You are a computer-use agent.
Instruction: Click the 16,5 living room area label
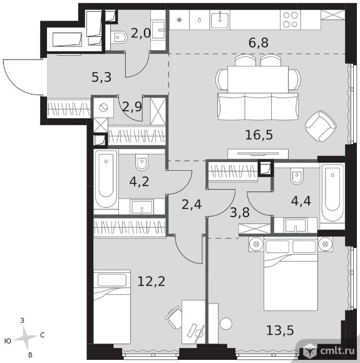pos(259,135)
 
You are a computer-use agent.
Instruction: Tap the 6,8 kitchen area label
pos(259,43)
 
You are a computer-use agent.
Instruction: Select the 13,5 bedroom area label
pos(280,330)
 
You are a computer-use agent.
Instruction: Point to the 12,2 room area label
pos(152,282)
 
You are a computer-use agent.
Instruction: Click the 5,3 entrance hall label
pos(101,78)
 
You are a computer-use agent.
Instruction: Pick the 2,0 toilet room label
pos(141,34)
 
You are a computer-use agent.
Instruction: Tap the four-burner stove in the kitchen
pos(291,19)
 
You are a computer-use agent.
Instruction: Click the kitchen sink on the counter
pos(220,20)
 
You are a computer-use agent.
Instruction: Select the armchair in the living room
pos(321,126)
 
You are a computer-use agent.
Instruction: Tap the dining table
pos(258,79)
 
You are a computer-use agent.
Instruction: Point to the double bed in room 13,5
pos(291,275)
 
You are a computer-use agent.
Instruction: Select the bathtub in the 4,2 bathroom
pos(106,179)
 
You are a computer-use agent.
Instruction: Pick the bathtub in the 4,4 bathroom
pos(332,193)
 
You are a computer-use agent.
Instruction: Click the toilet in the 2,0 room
pos(119,38)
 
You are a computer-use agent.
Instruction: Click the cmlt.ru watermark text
pos(337,351)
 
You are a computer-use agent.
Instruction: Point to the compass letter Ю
pos(8,340)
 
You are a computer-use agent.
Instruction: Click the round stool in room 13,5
pos(226,324)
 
